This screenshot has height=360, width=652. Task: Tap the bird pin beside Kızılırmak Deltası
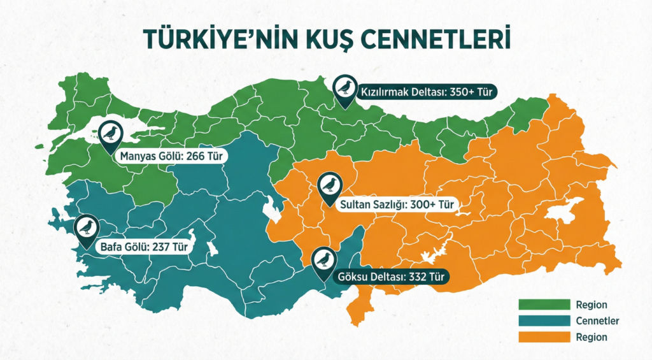click(345, 87)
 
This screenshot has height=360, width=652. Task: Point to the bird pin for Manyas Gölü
click(111, 133)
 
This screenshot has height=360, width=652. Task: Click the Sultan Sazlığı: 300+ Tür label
click(397, 205)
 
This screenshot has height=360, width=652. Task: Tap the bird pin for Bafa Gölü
click(85, 227)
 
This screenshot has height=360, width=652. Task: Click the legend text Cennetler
click(597, 321)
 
